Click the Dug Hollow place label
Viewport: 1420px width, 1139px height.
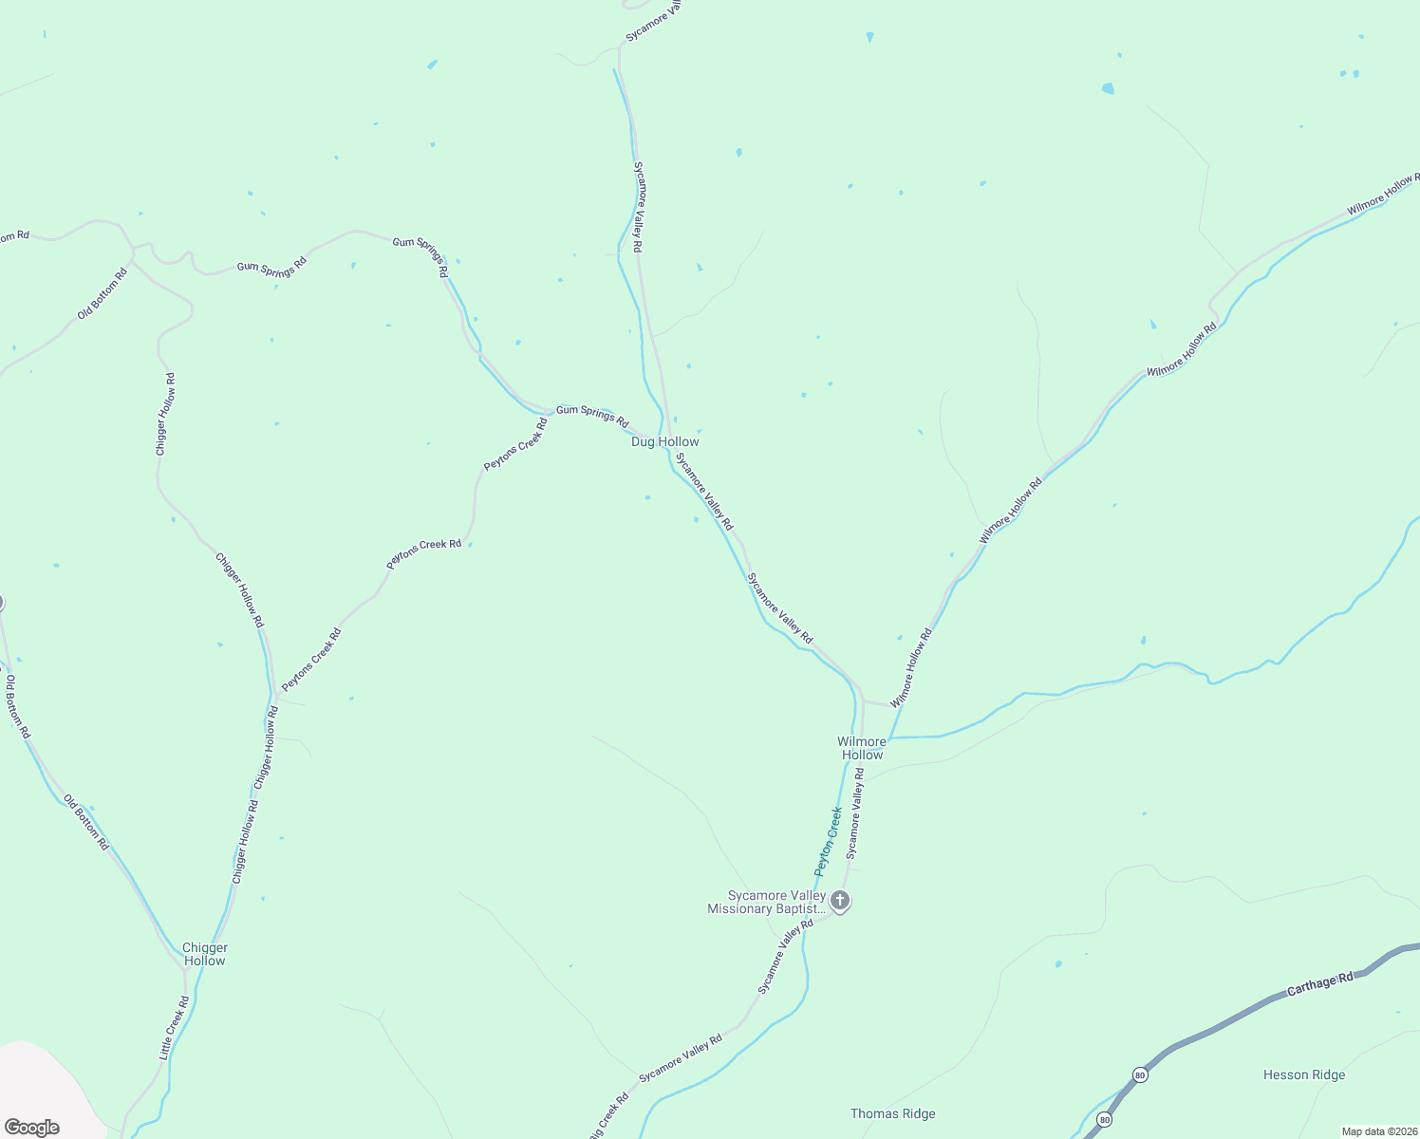pos(664,441)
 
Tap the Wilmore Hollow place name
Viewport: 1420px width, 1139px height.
pos(862,748)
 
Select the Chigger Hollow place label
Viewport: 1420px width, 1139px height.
pos(205,954)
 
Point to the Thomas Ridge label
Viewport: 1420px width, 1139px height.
pos(892,1113)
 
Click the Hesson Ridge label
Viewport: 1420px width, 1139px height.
pos(1304,1074)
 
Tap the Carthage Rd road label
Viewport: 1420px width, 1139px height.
pos(1319,984)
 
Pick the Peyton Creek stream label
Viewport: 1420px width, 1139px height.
pos(829,841)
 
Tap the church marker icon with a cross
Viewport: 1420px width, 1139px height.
pos(840,900)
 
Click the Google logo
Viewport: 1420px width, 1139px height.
pos(32,1128)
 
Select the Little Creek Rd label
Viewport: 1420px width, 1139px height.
pos(175,1027)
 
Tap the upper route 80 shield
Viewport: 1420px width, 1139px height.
pos(1139,1074)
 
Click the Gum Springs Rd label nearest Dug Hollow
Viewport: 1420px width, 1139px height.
pos(592,416)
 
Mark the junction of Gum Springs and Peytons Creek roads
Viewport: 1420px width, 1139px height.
pos(551,415)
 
